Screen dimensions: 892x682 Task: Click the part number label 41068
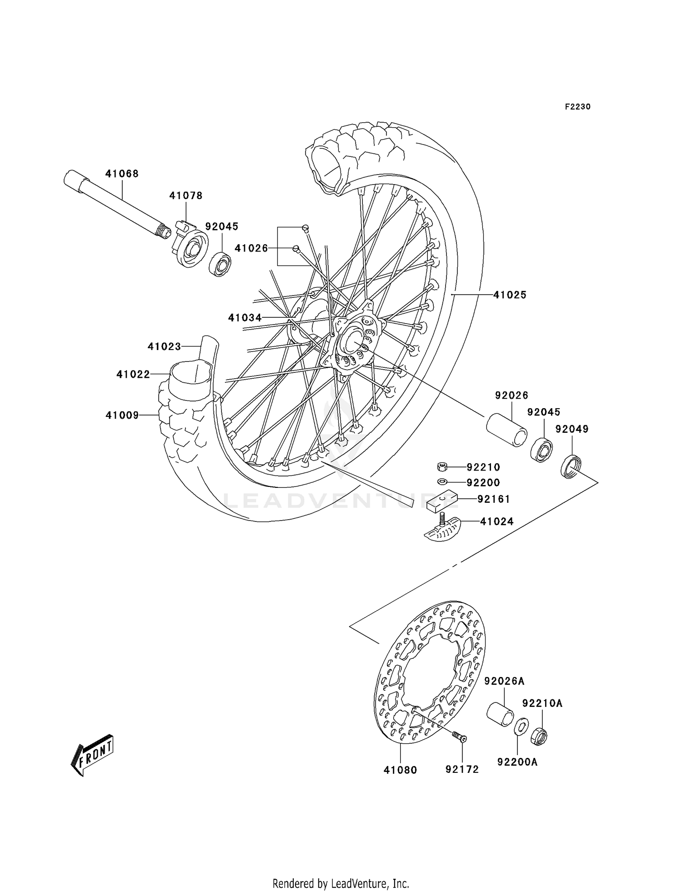[122, 174]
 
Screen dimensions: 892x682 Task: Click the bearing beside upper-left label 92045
[220, 264]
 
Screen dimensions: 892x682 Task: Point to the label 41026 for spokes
[251, 248]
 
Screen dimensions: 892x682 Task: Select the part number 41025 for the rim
[510, 295]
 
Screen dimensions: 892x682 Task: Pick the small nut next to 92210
[441, 466]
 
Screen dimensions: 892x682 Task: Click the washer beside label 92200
[441, 481]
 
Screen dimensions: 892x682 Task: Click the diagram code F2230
[577, 107]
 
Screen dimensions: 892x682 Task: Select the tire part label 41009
[122, 415]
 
